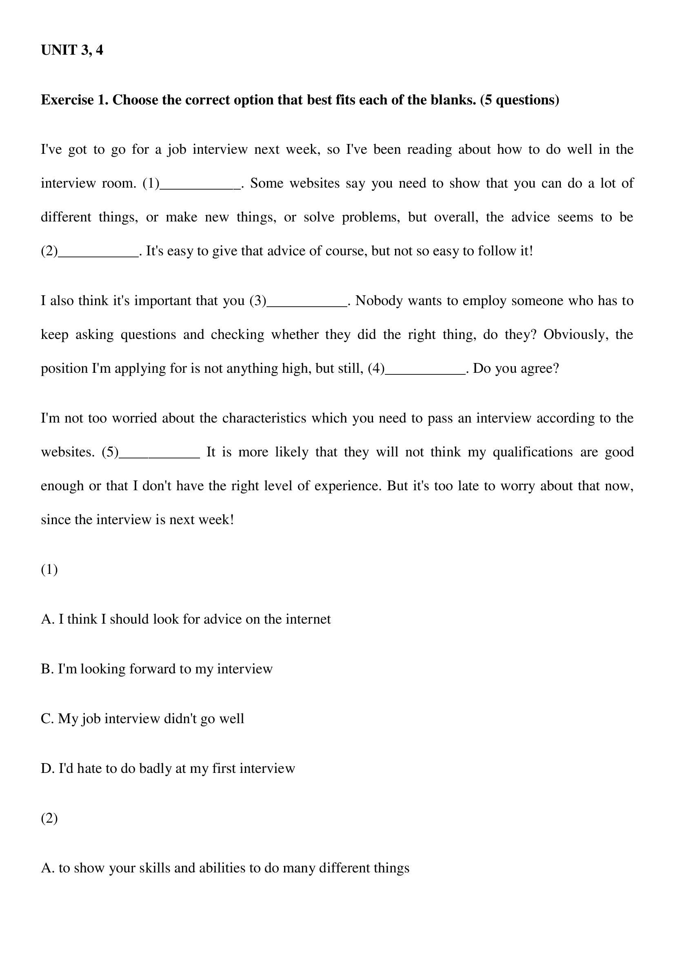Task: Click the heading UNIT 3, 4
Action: (72, 50)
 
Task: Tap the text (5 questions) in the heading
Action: (520, 100)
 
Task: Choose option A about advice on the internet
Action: (186, 619)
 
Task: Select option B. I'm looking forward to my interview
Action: (157, 669)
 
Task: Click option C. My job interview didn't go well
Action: (142, 719)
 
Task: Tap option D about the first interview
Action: (168, 769)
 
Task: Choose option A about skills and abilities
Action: (225, 868)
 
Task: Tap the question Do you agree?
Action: (516, 369)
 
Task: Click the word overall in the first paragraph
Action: (456, 217)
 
